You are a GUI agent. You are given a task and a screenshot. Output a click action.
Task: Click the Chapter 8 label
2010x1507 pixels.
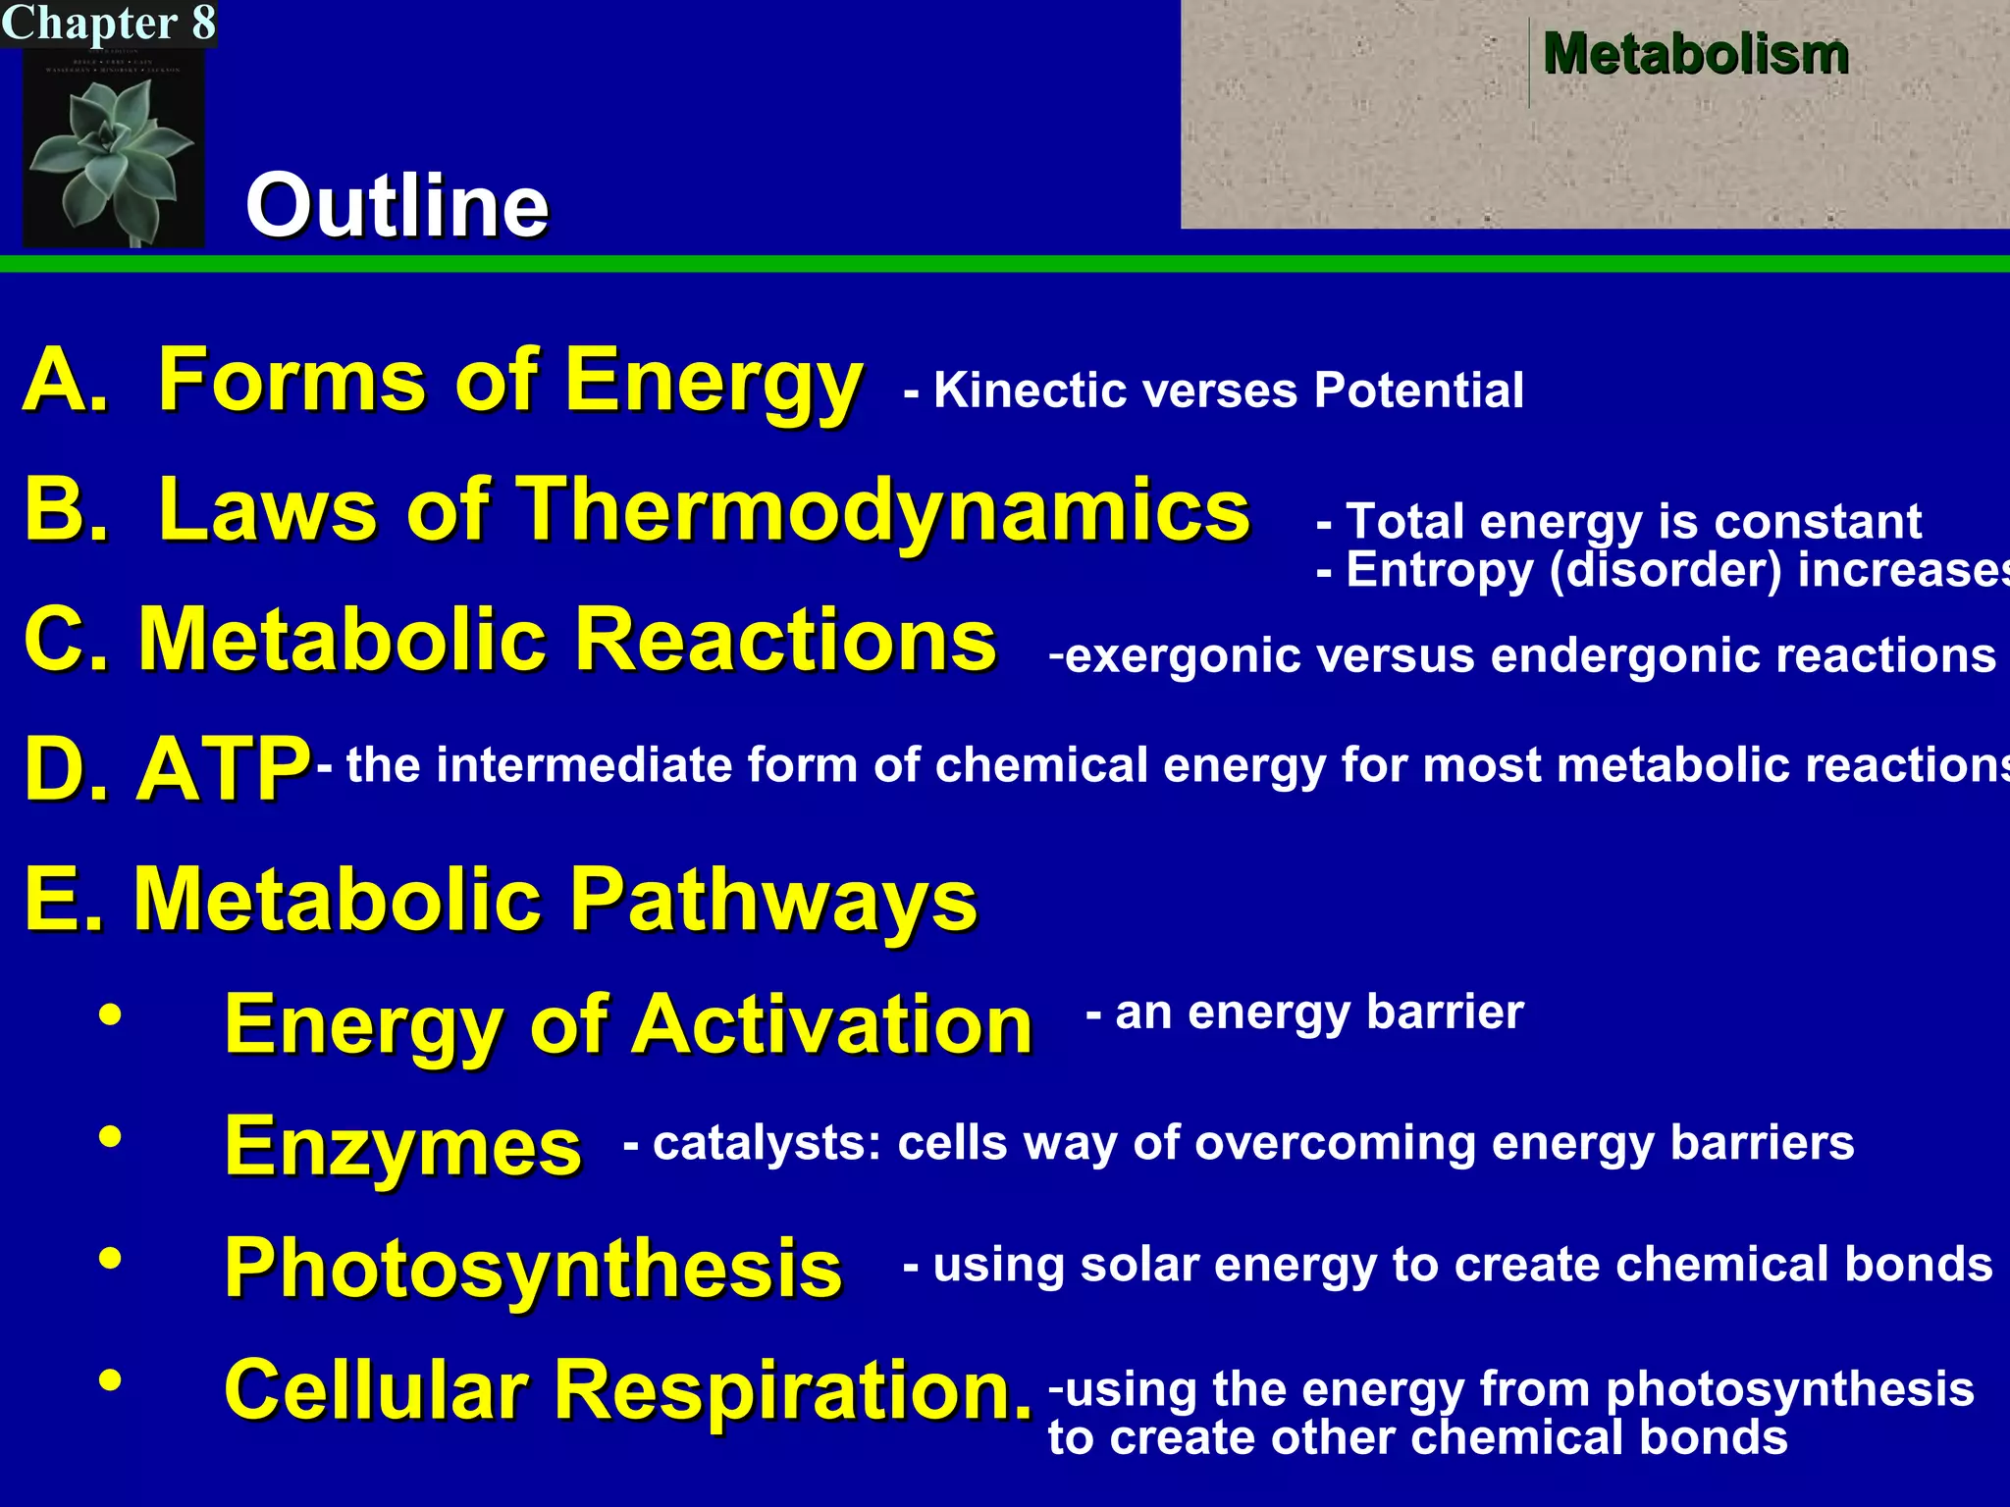[x=108, y=23]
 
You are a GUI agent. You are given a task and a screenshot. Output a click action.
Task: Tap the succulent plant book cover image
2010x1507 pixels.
[x=113, y=147]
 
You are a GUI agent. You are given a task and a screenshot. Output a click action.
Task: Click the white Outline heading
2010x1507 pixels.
[x=397, y=205]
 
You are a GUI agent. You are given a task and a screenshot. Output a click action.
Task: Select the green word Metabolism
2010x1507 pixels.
[x=1695, y=53]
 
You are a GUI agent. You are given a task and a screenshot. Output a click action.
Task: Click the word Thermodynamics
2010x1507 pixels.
[x=882, y=510]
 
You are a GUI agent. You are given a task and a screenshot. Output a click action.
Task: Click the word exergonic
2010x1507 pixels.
[x=1182, y=655]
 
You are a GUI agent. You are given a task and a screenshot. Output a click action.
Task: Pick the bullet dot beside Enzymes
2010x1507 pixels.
[x=111, y=1137]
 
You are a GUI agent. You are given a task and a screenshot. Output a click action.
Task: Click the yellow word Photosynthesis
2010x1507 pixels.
[x=533, y=1268]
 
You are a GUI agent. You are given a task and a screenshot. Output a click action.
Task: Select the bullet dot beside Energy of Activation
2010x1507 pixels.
[x=111, y=1015]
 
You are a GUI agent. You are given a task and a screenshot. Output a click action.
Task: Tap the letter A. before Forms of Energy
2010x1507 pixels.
[x=65, y=381]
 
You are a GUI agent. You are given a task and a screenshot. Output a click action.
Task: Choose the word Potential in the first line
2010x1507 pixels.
[x=1418, y=390]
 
